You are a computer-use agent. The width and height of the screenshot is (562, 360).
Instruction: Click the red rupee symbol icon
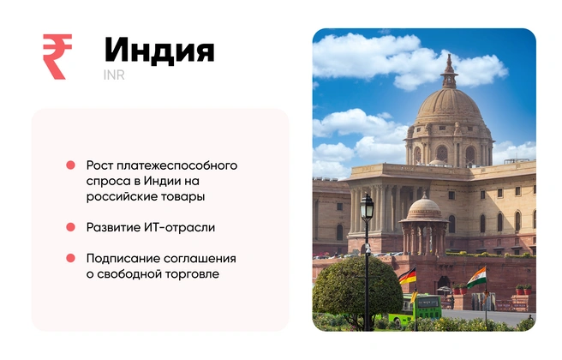pos(57,57)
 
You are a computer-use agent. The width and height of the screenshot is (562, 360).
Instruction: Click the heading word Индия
pos(158,50)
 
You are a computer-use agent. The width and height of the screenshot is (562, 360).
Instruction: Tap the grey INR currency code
pos(114,75)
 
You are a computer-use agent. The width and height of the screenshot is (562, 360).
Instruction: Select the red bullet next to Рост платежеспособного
pos(71,165)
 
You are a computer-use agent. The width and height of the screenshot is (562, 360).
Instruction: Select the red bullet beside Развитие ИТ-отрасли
pos(71,227)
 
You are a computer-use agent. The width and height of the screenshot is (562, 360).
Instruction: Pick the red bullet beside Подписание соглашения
pos(71,258)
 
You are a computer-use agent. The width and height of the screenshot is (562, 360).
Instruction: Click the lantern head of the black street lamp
pos(367,205)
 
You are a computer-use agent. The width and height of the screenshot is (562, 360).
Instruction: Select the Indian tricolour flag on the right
pos(476,277)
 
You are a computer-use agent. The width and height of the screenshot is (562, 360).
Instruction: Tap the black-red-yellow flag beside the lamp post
pos(407,277)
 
